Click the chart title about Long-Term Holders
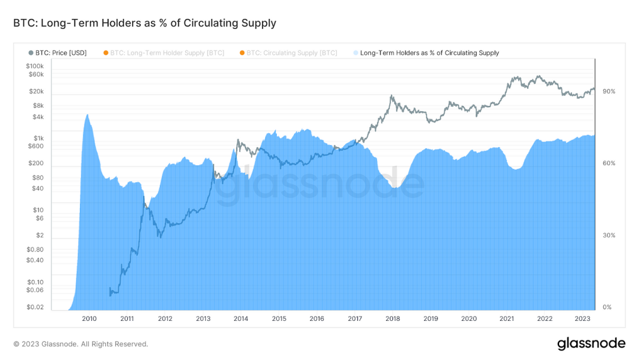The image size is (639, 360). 144,23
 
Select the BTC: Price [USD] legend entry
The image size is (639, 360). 57,53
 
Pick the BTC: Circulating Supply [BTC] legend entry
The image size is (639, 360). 288,53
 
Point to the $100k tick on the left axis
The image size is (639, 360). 35,66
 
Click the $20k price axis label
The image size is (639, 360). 37,92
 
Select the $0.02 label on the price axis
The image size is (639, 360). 35,307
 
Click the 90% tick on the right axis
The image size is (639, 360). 609,92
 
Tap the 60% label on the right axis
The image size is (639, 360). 609,163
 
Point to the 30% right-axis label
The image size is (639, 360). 609,235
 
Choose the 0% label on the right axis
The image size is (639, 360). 607,307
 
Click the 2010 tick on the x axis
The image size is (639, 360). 89,319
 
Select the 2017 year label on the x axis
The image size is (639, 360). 354,319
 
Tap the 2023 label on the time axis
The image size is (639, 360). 582,319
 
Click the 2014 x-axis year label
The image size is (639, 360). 241,319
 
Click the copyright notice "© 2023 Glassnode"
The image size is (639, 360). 80,344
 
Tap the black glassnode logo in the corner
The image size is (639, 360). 591,343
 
